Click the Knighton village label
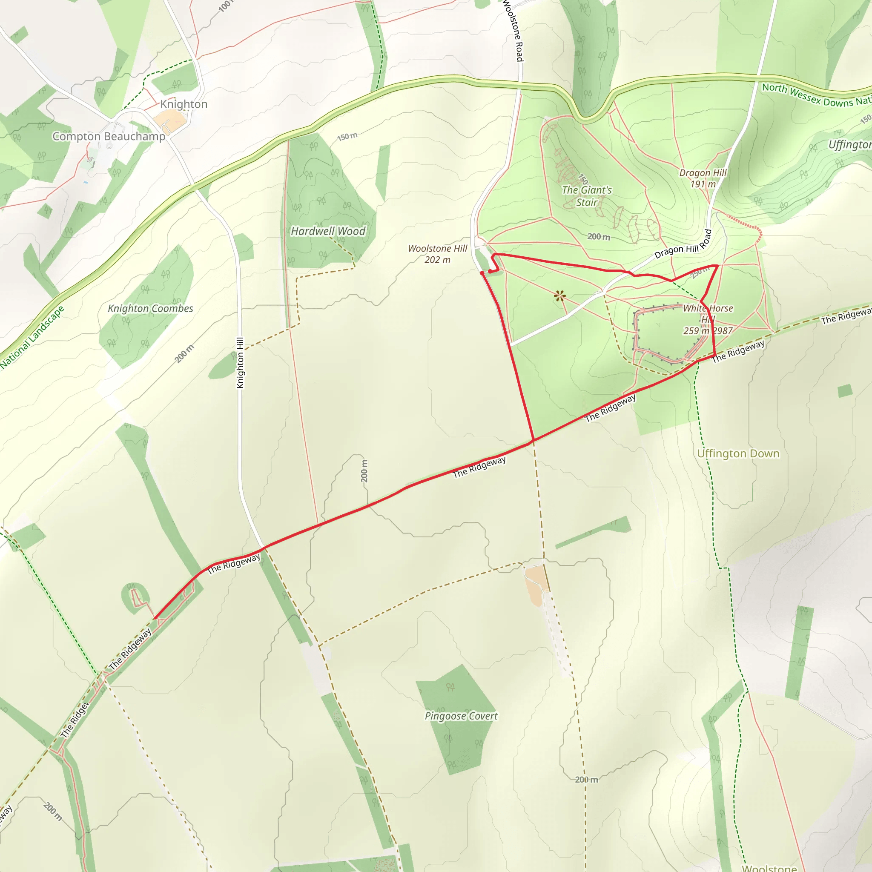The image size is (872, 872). coord(184,104)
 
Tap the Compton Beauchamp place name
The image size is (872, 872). coord(109,136)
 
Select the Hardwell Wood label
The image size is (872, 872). coord(328,231)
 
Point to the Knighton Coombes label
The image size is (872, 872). coord(150,308)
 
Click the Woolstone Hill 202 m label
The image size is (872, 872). coord(437,254)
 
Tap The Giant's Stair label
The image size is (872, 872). coord(586,196)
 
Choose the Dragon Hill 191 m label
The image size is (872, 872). coord(703,178)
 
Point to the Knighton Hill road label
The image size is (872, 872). coord(240,362)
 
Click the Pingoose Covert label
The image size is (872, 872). coord(461,716)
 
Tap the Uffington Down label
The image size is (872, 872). coord(738,453)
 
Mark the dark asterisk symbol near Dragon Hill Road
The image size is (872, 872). coord(559,296)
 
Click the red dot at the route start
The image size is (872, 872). coord(482,273)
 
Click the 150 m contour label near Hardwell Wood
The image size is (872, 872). coord(347,136)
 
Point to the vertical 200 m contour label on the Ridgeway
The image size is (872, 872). coord(364,471)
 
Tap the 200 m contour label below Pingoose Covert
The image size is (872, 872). coord(586,780)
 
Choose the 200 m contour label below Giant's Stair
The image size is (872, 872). coord(599,236)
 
